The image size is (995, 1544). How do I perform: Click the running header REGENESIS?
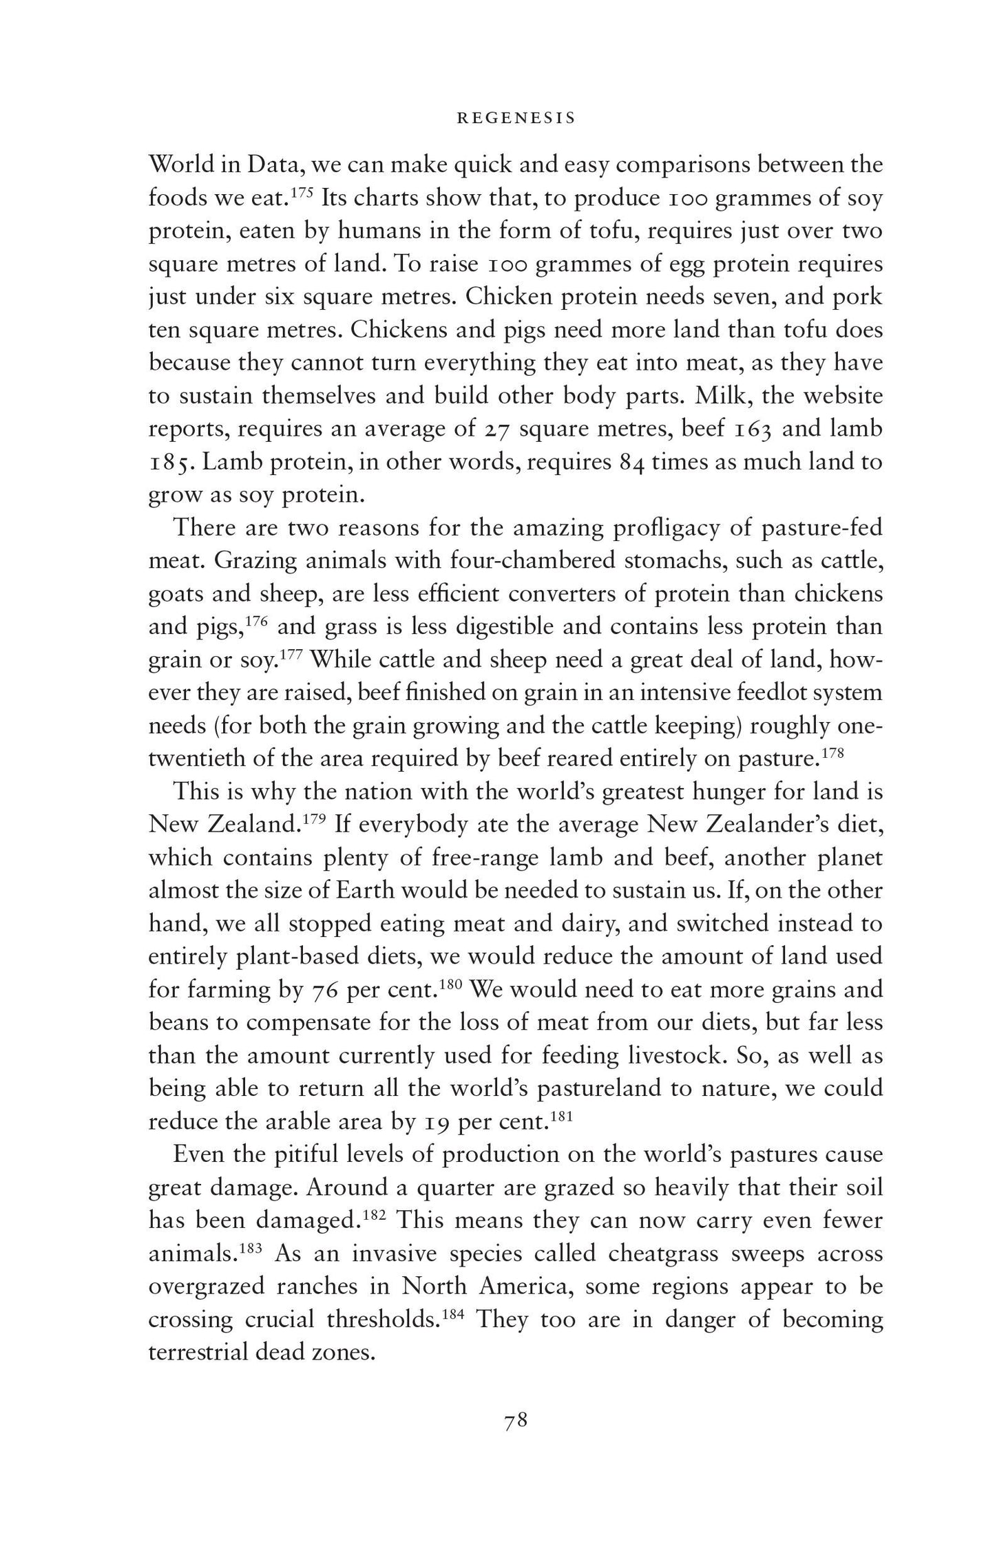(x=516, y=118)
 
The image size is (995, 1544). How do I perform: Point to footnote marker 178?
(x=832, y=752)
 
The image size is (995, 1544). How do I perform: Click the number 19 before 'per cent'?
(x=433, y=1123)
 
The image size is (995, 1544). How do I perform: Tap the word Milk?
(x=721, y=396)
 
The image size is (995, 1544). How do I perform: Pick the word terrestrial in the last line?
(x=198, y=1353)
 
